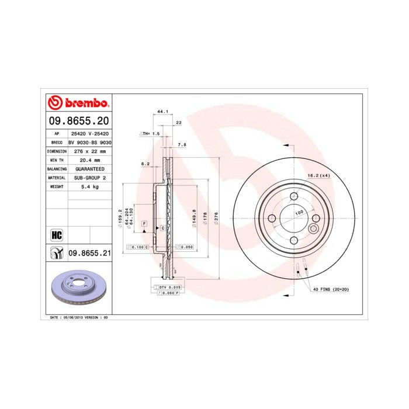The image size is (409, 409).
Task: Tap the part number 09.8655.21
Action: point(89,252)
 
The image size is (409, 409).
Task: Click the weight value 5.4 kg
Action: point(89,186)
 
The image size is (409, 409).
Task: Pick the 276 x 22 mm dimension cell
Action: point(89,151)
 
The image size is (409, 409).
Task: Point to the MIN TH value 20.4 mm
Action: point(89,160)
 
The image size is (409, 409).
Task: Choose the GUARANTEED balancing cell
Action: point(89,168)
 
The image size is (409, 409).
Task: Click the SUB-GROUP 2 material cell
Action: point(89,177)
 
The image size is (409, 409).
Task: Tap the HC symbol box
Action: point(57,235)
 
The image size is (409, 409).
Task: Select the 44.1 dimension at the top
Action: point(162,111)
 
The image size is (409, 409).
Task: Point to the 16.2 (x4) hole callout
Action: point(319,175)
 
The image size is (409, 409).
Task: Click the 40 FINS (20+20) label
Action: point(331,289)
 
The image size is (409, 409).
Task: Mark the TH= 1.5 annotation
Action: point(150,134)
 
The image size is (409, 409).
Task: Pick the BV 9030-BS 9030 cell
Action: point(90,142)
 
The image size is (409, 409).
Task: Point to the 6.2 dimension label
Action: point(145,164)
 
